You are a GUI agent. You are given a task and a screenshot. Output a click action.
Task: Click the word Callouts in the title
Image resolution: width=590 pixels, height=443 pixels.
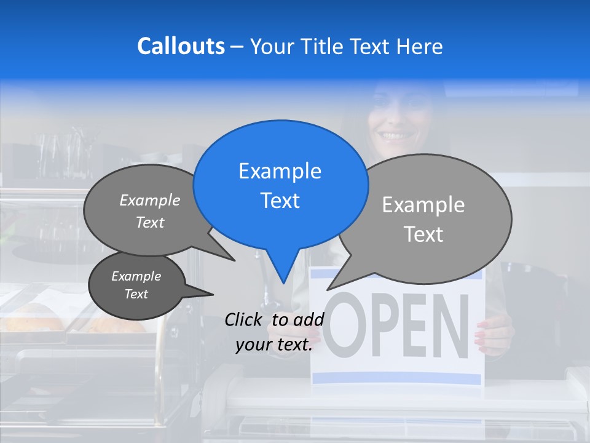[181, 46]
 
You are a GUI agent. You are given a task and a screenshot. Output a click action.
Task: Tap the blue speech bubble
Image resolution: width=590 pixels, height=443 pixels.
[281, 185]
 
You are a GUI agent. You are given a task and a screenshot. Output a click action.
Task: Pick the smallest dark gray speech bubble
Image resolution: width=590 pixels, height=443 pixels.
[137, 285]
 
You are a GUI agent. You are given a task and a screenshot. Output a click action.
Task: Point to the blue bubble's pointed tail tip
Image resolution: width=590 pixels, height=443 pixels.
[283, 282]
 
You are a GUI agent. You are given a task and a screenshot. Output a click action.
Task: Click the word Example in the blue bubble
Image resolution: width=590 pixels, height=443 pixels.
[280, 171]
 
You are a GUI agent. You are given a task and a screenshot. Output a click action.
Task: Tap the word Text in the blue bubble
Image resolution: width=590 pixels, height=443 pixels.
[280, 201]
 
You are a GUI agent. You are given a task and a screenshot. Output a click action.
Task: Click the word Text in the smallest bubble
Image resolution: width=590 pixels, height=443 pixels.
[136, 294]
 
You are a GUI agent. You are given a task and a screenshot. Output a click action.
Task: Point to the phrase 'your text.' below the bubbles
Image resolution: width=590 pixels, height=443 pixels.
[274, 345]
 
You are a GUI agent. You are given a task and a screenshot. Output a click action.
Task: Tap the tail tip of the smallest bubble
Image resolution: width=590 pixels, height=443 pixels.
[213, 294]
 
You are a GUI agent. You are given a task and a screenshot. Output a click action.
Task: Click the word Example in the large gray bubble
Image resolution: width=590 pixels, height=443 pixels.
[423, 205]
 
